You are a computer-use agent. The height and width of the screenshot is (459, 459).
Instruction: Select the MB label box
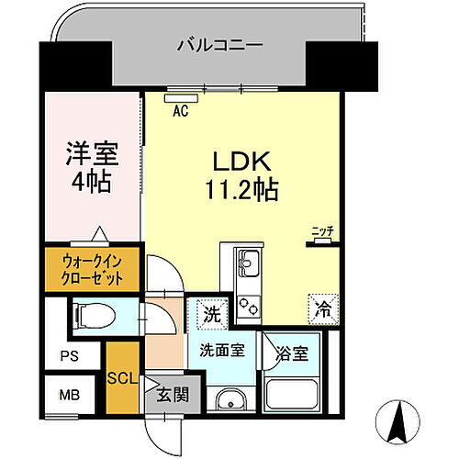coord(69,397)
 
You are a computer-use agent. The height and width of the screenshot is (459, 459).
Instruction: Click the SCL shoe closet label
coord(121,376)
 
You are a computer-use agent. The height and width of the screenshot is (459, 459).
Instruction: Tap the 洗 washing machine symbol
coord(211,313)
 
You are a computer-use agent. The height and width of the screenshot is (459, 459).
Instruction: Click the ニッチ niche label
coord(320,231)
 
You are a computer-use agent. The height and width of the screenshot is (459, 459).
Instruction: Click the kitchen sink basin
coord(248,266)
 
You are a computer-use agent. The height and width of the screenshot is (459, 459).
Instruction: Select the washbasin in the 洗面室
coord(229,401)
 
